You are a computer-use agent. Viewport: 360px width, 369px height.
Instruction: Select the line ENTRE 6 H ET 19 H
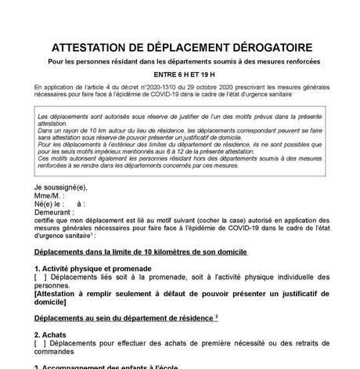179,74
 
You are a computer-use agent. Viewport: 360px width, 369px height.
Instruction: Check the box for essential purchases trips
40,342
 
